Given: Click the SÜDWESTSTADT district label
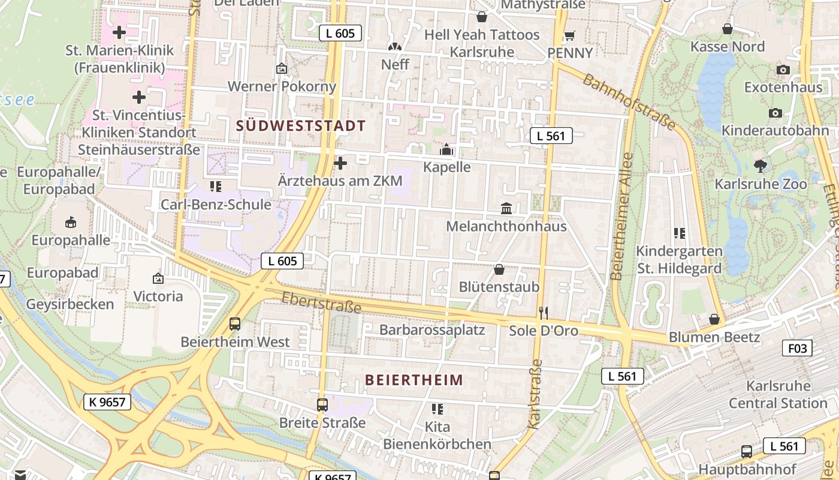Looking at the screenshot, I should tap(301, 126).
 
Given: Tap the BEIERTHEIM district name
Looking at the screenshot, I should tap(414, 380).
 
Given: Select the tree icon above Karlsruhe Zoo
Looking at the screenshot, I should tap(760, 166).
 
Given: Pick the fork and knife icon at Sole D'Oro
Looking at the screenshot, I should tap(544, 313).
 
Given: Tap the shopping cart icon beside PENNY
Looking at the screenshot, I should tap(569, 35).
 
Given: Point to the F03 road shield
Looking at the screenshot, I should tap(797, 348).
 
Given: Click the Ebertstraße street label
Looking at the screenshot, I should tap(321, 302).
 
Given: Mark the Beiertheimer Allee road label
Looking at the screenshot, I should tap(621, 217).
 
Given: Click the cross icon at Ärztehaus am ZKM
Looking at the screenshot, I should tap(340, 163).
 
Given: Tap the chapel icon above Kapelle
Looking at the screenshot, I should tap(446, 149).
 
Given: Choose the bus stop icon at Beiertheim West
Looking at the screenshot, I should tap(235, 324).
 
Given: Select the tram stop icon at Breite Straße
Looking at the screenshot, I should tap(322, 404).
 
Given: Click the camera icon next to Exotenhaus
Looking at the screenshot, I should tap(783, 70).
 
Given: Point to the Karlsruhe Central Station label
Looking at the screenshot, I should tap(778, 395).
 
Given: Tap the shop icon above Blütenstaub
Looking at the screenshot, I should tap(499, 269).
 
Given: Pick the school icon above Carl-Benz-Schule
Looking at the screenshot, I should tap(216, 187).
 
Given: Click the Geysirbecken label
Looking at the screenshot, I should tap(70, 304).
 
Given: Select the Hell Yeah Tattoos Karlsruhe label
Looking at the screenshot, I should tap(482, 43).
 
